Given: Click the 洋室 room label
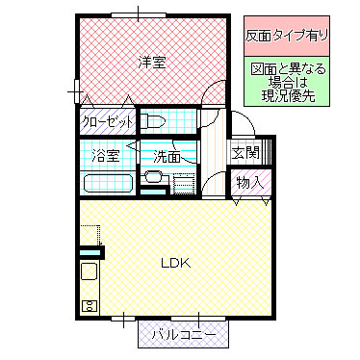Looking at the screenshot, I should [151, 63].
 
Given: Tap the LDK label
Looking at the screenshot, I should [175, 263].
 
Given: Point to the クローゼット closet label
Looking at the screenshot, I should [106, 122].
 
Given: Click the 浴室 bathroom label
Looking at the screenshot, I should [105, 154].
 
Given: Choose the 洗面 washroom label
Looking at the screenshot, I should [167, 155].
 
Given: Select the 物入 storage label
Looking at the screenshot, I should [248, 182].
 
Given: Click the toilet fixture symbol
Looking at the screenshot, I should [155, 121].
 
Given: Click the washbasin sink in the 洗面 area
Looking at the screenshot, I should [152, 179].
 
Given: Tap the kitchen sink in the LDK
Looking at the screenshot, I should [89, 273].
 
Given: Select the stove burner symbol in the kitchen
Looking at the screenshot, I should [89, 307].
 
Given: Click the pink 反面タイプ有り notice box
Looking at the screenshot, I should [287, 35].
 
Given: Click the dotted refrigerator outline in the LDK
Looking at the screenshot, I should [90, 235].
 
